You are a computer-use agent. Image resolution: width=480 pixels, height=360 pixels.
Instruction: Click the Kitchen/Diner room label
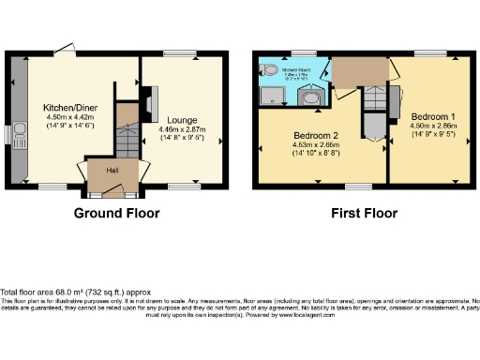[x=59, y=108]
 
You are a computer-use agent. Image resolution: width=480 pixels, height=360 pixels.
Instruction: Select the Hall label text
[x=112, y=171]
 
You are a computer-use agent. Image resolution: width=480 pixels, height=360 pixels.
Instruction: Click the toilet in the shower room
[x=268, y=70]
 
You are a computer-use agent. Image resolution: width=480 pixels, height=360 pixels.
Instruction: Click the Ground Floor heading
[x=117, y=213]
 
